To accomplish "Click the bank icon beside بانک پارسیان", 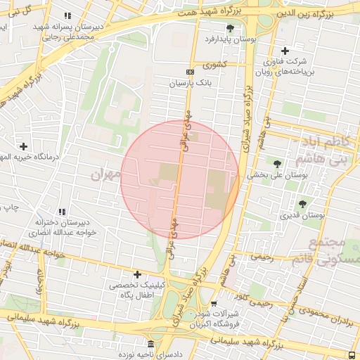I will click(x=189, y=72).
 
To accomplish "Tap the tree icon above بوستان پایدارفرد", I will click(x=231, y=28).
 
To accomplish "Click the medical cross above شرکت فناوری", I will click(x=285, y=51).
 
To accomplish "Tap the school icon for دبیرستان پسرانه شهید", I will click(x=67, y=15).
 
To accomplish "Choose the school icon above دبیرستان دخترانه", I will click(x=62, y=212).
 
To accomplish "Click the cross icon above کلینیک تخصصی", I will click(x=137, y=274).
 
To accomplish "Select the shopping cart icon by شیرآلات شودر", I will click(x=214, y=304).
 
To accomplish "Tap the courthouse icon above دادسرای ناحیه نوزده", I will click(x=150, y=343).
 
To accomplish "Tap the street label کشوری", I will click(x=214, y=65).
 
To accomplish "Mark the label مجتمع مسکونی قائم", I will click(x=336, y=250).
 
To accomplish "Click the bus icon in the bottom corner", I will click(x=352, y=354).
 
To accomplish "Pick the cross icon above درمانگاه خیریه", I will click(x=24, y=146).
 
